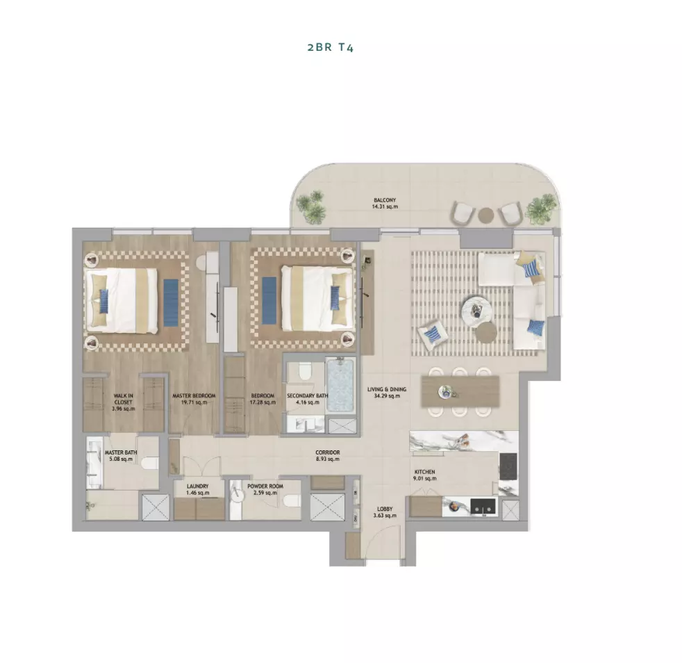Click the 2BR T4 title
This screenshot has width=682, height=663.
(x=330, y=47)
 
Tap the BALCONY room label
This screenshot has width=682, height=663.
(x=385, y=200)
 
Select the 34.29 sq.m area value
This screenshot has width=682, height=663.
(x=387, y=396)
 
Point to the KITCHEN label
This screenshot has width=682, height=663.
(x=424, y=472)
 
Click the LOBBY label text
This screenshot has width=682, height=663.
(x=385, y=509)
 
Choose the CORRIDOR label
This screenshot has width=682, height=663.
(x=328, y=452)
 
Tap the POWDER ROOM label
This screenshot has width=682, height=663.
(x=265, y=486)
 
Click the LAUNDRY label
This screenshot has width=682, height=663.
(x=198, y=486)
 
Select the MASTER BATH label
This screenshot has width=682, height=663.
(x=120, y=452)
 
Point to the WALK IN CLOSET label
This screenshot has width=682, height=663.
(x=124, y=399)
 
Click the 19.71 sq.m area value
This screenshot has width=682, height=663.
(x=194, y=402)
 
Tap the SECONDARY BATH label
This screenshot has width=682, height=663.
(x=308, y=396)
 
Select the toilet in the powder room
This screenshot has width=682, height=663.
(x=291, y=502)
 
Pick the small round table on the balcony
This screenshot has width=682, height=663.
(x=485, y=215)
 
